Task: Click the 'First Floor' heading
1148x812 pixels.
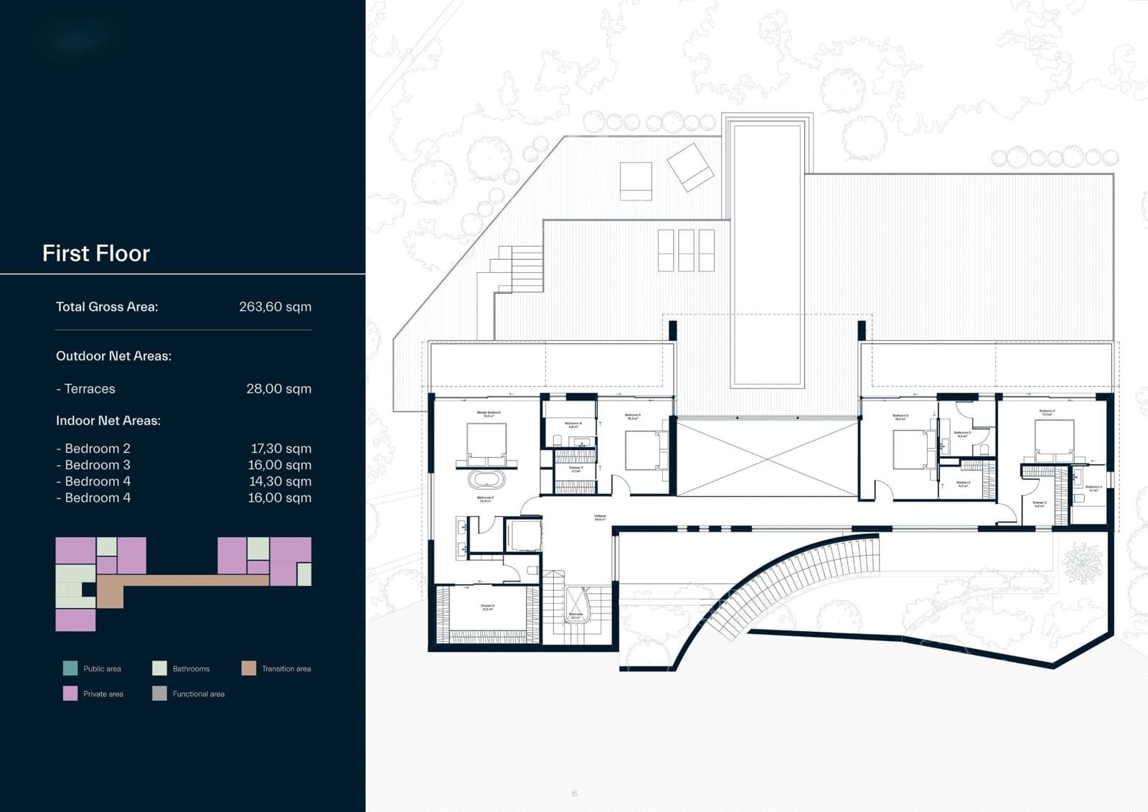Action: tap(95, 253)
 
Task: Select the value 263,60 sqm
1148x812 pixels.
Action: tap(275, 307)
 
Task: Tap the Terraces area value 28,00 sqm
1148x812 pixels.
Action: tap(278, 388)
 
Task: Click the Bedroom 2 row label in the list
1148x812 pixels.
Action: tap(93, 448)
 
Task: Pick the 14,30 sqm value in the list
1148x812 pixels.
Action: tap(280, 481)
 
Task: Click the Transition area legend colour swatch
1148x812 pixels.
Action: tap(249, 668)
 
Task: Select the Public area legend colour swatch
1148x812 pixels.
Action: tap(70, 668)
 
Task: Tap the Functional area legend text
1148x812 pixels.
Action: tap(198, 694)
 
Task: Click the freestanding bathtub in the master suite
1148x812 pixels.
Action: tap(486, 479)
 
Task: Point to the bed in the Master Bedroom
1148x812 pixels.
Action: tap(486, 445)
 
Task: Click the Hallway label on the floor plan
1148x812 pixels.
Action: tap(600, 517)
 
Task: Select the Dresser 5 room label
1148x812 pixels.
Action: tap(487, 607)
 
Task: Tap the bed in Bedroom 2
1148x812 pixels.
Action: tap(1054, 439)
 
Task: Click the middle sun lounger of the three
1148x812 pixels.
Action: tap(686, 250)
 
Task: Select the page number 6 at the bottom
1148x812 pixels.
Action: tap(574, 793)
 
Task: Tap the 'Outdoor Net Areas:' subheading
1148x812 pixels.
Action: tap(113, 356)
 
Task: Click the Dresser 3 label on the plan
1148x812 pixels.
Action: tap(963, 484)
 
